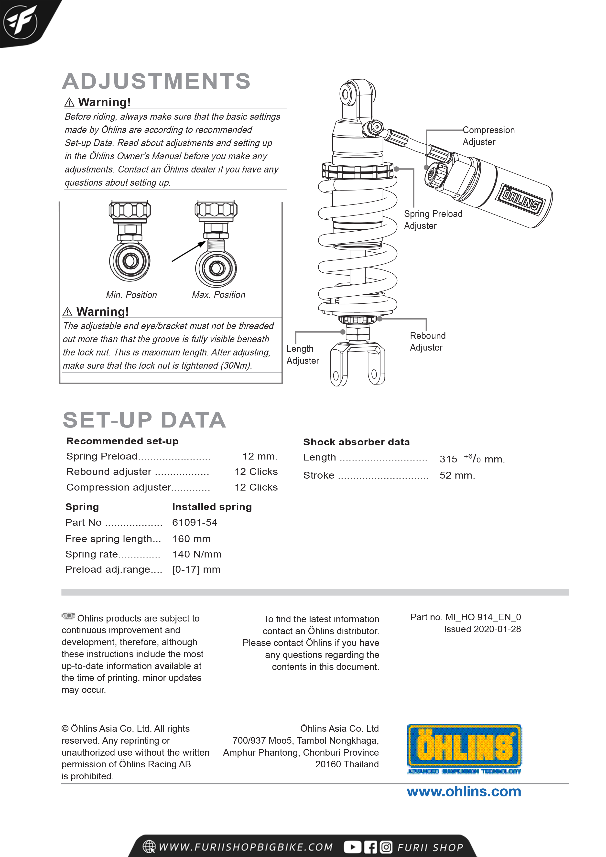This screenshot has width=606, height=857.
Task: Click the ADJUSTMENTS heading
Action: pyautogui.click(x=156, y=81)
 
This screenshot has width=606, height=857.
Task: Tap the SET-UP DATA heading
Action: pyautogui.click(x=144, y=420)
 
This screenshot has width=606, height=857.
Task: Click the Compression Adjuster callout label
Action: pyautogui.click(x=488, y=136)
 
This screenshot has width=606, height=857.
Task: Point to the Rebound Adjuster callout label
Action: pyautogui.click(x=428, y=341)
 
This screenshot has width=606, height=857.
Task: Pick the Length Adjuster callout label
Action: pyautogui.click(x=303, y=354)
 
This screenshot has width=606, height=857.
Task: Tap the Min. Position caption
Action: pyautogui.click(x=131, y=295)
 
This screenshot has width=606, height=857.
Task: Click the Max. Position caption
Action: pyautogui.click(x=218, y=294)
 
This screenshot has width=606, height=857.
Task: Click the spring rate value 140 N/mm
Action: pyautogui.click(x=197, y=554)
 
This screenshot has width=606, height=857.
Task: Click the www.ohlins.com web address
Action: pyautogui.click(x=464, y=792)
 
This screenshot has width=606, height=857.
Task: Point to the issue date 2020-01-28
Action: pyautogui.click(x=497, y=629)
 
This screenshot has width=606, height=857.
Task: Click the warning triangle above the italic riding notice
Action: pyautogui.click(x=69, y=102)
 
